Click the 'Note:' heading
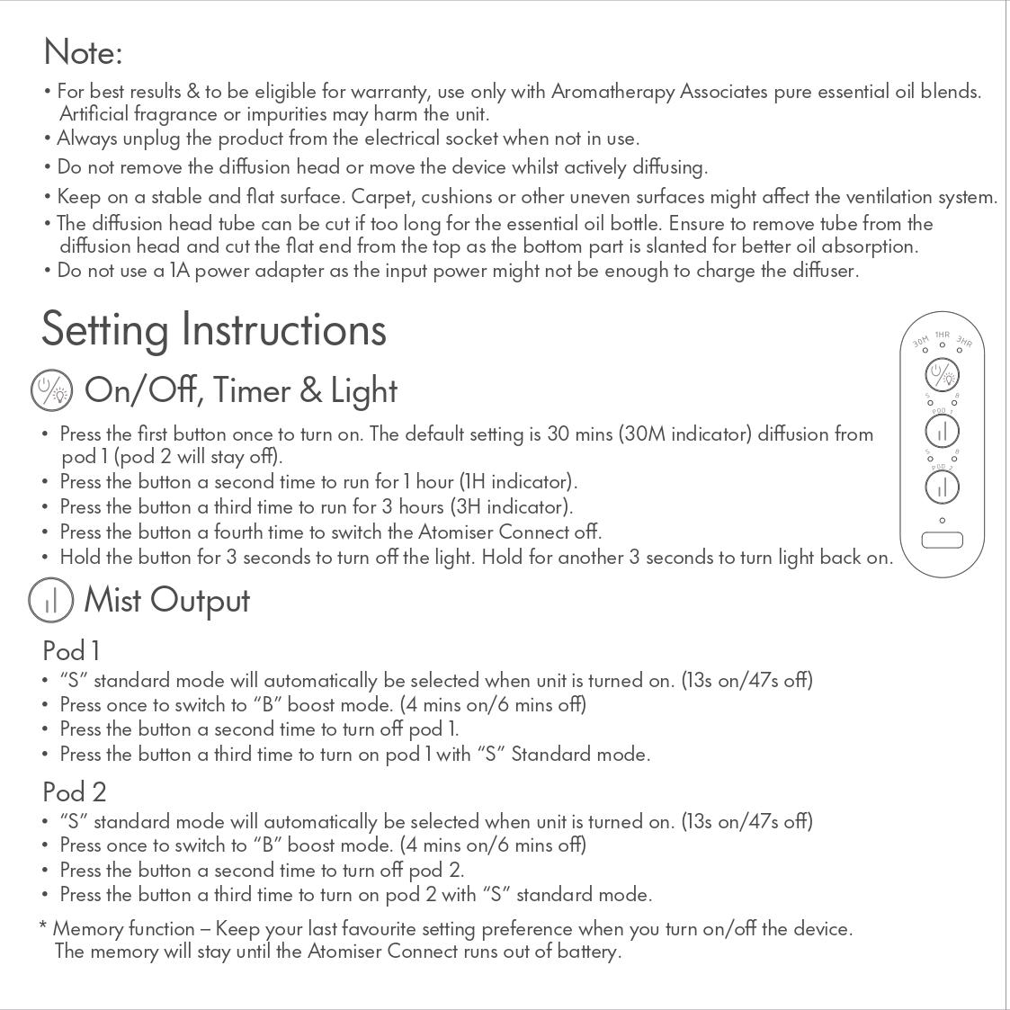coord(83,52)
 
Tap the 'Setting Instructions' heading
coord(214,329)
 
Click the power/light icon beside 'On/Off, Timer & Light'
coord(51,391)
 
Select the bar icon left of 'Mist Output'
coord(50,601)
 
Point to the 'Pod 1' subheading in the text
coord(71,650)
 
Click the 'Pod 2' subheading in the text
coord(74,791)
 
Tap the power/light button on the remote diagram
coord(942,374)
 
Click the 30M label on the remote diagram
coord(921,342)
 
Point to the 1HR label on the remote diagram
coord(942,335)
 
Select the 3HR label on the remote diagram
coord(964,342)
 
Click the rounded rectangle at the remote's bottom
coord(942,540)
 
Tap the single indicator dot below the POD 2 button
coord(942,520)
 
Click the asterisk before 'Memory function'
coord(43,926)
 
